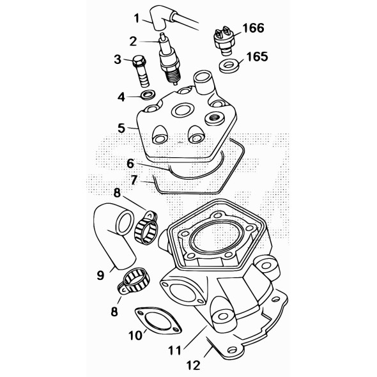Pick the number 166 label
252,29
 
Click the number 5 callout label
121,128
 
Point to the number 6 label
130,164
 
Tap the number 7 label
133,180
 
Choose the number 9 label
100,276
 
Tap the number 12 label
192,365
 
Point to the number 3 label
118,59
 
